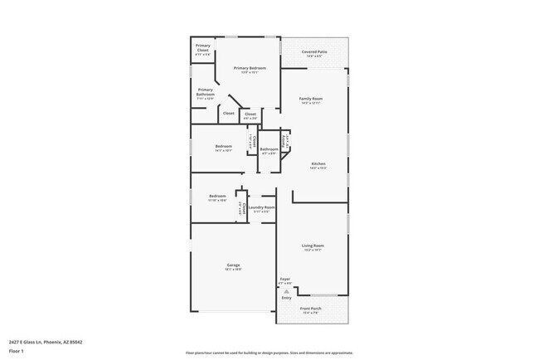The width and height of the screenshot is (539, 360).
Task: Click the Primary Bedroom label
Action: pos(249,68)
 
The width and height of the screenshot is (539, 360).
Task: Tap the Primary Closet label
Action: pos(203,50)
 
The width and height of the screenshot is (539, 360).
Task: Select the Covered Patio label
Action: pos(314,51)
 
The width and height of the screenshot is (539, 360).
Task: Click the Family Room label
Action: pos(311,99)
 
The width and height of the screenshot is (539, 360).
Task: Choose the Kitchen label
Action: pos(318,164)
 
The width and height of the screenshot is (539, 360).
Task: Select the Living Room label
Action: pos(313,246)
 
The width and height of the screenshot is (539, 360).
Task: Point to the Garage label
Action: pos(233,265)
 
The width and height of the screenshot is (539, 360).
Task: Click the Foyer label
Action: pos(284,279)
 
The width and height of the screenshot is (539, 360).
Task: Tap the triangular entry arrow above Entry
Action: pos(286,291)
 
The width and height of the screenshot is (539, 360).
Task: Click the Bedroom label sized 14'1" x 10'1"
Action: pos(223,146)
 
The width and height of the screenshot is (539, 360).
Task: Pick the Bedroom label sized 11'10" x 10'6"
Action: pos(217,196)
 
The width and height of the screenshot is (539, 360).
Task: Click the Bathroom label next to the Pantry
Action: pos(269,149)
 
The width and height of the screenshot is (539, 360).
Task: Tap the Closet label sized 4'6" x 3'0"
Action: pos(250,114)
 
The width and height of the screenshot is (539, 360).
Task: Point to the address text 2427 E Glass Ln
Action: pos(46,341)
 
